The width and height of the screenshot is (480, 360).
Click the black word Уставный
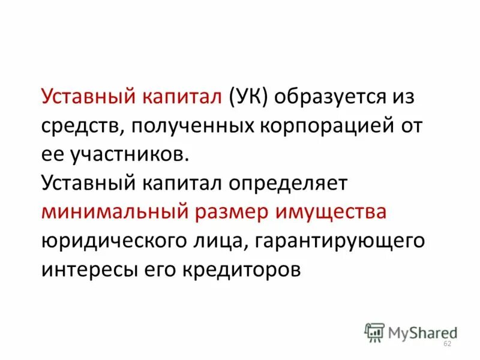click(x=86, y=184)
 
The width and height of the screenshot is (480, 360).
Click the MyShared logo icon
click(x=374, y=332)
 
